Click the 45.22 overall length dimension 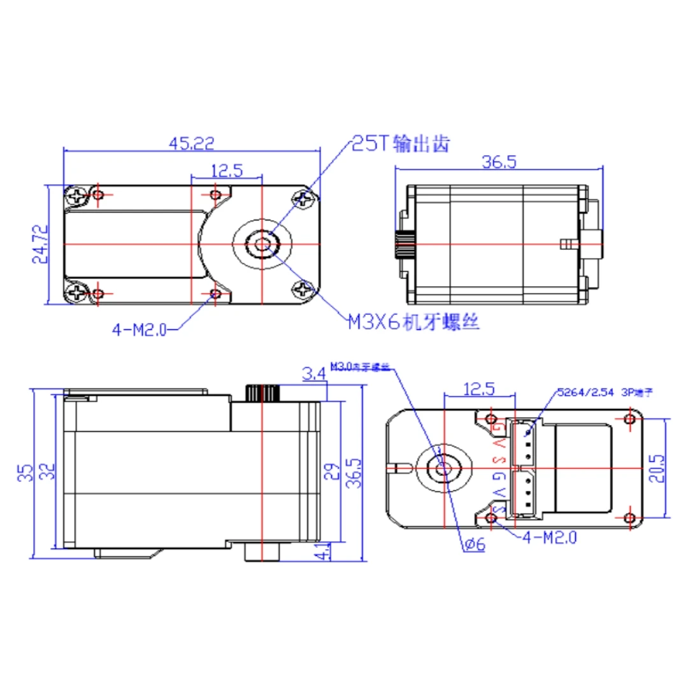point(190,145)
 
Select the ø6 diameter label point(475,544)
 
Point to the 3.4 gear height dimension point(313,375)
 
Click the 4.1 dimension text point(323,551)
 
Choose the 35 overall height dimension point(24,471)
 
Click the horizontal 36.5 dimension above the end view point(498,162)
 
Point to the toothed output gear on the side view point(262,392)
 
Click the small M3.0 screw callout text point(359,367)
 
